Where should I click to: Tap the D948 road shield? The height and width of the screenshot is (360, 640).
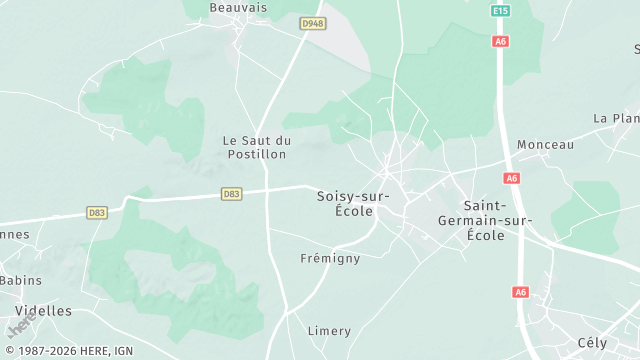tap(313, 23)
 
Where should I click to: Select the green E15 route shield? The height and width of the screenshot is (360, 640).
tap(501, 11)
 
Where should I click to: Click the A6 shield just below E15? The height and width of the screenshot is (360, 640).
tap(501, 41)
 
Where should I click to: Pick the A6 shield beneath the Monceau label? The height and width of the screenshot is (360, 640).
tap(512, 178)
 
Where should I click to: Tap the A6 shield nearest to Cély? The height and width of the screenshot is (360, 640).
tap(520, 292)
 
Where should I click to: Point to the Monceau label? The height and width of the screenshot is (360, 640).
tap(546, 145)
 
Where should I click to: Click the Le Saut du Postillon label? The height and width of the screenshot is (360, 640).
tap(256, 147)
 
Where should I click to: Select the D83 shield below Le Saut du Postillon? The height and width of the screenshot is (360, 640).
tap(231, 194)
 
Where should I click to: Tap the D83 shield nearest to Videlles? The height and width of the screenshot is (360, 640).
tap(97, 212)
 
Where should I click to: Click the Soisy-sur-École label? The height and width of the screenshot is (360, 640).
tap(345, 203)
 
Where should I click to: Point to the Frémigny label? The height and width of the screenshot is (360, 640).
tap(330, 258)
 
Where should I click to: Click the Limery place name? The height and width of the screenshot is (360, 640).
tap(329, 331)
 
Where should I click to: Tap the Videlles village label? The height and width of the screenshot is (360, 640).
tap(44, 311)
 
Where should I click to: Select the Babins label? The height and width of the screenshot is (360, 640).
tap(20, 281)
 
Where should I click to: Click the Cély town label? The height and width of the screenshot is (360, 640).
tap(592, 343)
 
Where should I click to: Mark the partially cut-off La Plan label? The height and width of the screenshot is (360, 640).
tap(616, 118)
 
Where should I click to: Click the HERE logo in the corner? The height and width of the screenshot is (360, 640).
tap(19, 327)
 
